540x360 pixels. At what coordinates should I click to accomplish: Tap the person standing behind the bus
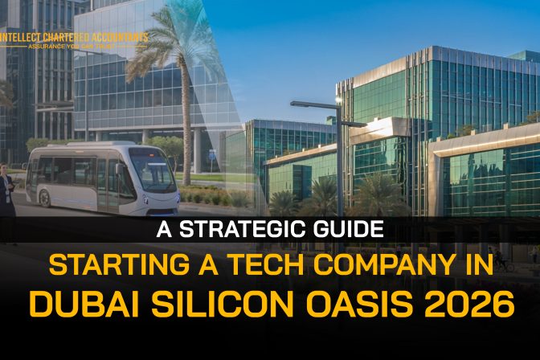(6, 189)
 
